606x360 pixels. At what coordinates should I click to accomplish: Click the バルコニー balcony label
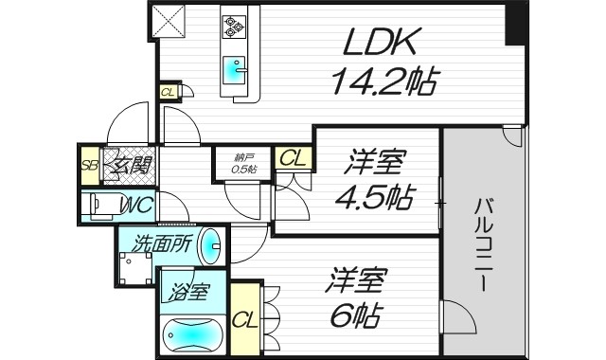[x=483, y=242]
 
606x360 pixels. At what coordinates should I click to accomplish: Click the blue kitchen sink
[x=234, y=70]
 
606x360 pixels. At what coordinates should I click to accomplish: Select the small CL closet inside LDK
[x=168, y=92]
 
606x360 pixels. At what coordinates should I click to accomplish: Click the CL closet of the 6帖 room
[x=243, y=316]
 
